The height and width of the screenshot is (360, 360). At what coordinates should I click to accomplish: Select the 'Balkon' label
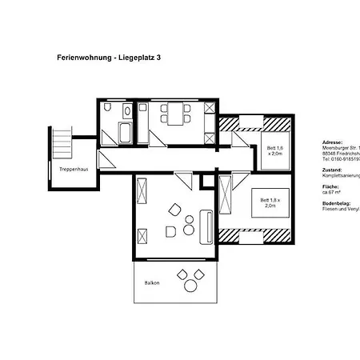click(151, 283)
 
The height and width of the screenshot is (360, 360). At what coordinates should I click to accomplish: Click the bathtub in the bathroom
click(126, 132)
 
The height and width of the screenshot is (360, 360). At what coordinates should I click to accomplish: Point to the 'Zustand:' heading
click(332, 170)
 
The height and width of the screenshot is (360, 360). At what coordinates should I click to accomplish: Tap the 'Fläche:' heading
click(330, 186)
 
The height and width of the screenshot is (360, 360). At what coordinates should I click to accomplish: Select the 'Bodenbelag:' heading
click(335, 203)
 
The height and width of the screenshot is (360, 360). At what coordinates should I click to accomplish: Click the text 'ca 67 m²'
click(334, 193)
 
